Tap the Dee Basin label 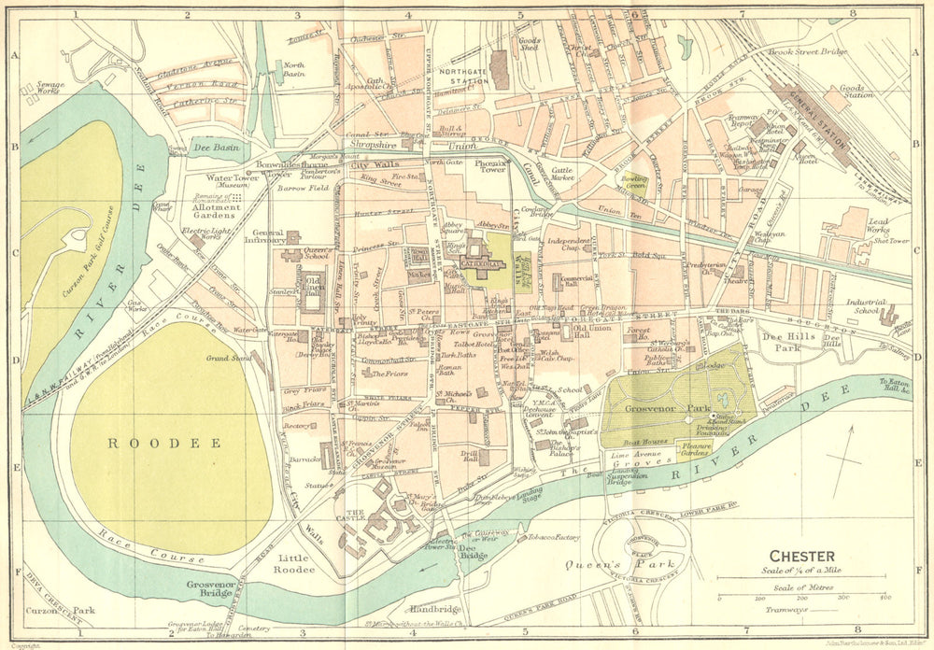coord(217,148)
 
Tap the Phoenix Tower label coord(489,168)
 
